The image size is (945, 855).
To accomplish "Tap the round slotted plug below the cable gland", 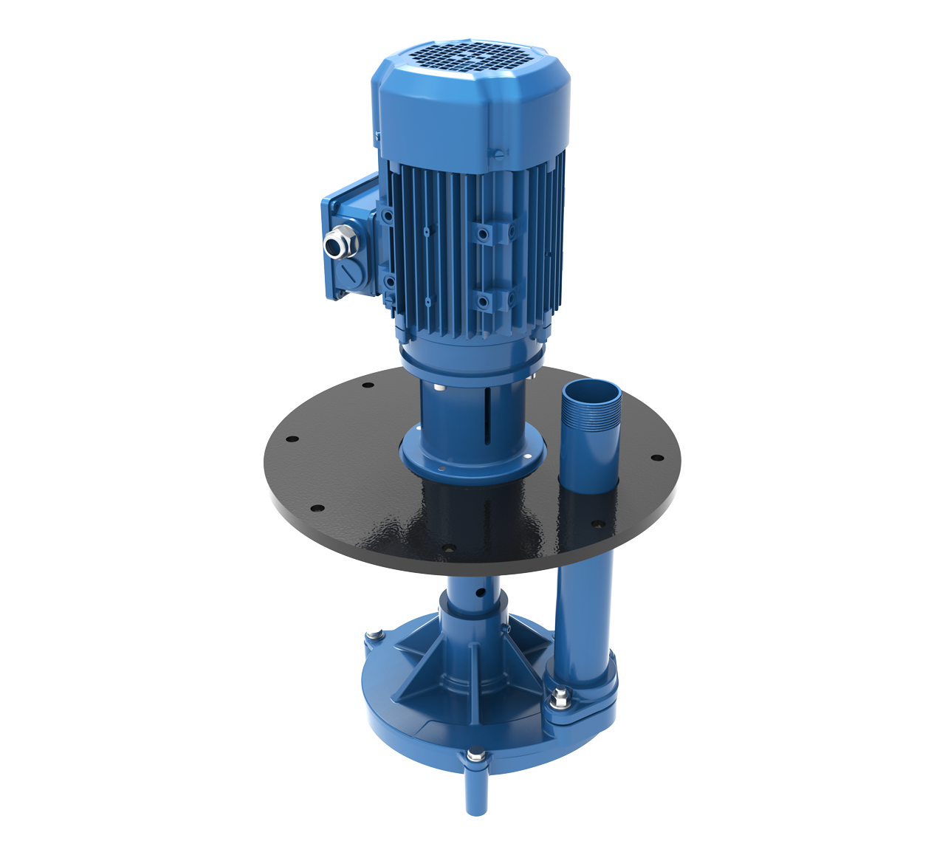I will (x=348, y=277).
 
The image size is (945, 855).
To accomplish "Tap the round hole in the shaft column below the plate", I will (x=481, y=593).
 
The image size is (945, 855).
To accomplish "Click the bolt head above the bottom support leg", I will (x=475, y=756).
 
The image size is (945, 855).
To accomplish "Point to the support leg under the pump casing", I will (x=476, y=794).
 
